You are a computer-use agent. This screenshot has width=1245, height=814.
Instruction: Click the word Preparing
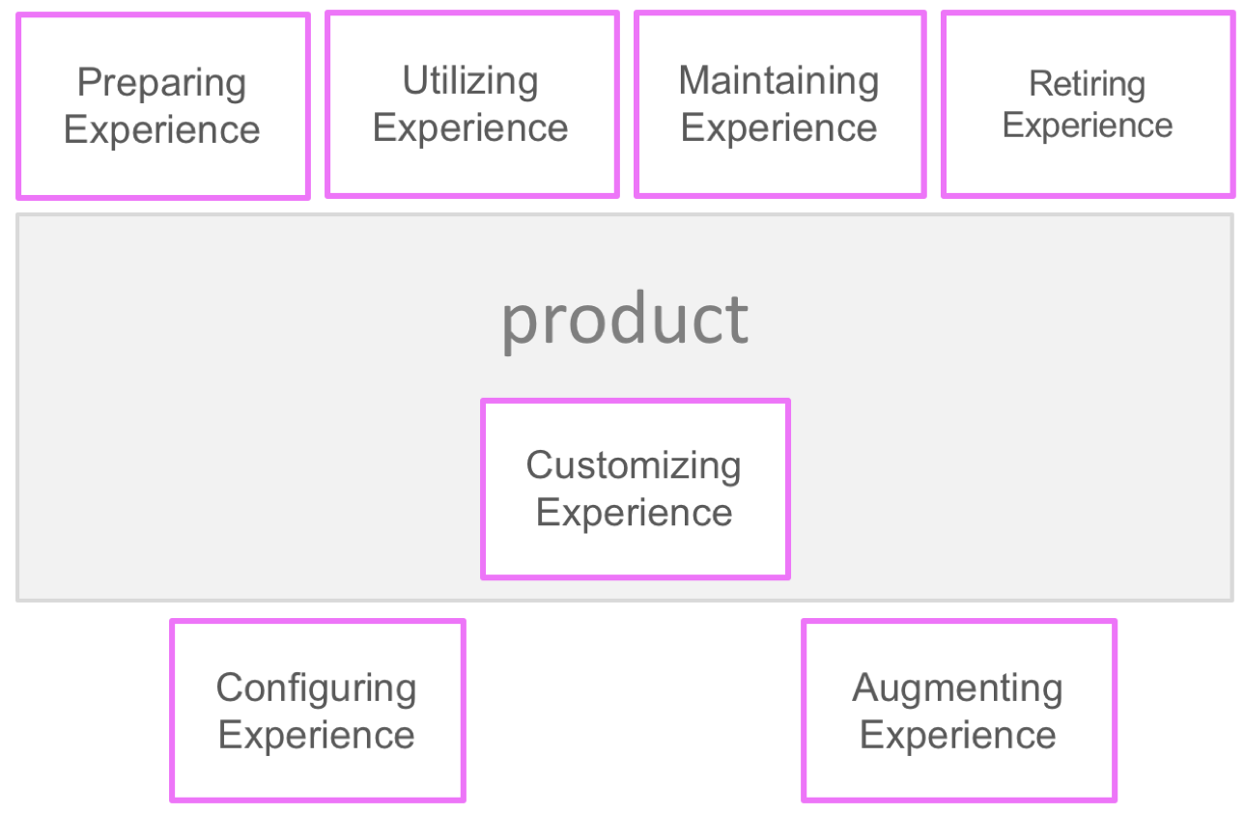point(161,83)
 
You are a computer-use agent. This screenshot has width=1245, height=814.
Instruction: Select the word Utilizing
point(469,81)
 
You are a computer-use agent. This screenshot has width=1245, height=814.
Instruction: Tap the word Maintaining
point(778,81)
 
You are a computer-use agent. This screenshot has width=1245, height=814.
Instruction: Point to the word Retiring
point(1087,85)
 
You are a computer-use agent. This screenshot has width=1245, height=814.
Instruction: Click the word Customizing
point(634,466)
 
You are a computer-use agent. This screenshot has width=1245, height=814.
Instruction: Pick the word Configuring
point(316,688)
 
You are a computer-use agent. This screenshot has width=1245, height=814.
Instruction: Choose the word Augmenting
point(957,688)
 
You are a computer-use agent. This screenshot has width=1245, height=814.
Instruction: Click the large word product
point(625,320)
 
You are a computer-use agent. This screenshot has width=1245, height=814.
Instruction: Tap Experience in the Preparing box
point(161,130)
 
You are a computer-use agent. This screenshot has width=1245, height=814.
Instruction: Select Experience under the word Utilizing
point(469,128)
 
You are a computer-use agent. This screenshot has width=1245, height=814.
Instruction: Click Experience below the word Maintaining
point(778,128)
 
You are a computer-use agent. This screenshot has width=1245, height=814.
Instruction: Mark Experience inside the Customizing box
point(634,513)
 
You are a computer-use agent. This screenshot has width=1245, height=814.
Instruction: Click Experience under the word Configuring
point(316,736)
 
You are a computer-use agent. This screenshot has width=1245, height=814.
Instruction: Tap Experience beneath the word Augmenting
point(957,736)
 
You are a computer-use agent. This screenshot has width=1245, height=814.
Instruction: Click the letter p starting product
point(519,326)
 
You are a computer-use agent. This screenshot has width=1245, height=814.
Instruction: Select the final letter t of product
point(738,320)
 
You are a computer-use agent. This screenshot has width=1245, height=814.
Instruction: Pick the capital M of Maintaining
point(694,81)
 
